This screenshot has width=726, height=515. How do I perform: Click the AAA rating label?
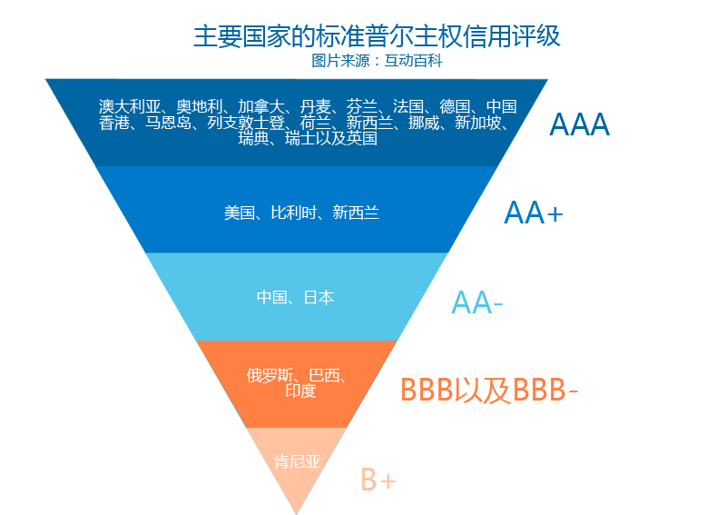579,124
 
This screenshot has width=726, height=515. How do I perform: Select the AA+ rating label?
534,213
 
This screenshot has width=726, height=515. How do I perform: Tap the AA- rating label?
477,302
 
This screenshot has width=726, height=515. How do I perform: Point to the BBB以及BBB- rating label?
489,389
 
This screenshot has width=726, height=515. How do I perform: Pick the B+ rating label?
378,479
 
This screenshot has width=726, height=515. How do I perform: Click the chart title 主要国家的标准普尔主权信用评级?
377,36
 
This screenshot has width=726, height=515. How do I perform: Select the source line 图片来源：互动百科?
377,62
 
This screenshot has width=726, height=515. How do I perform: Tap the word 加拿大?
260,106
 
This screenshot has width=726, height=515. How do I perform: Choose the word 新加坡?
477,123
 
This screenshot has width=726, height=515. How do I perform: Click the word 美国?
239,213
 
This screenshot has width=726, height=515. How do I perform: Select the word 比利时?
292,213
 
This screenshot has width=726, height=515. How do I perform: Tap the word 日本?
319,297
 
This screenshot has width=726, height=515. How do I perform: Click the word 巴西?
324,375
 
